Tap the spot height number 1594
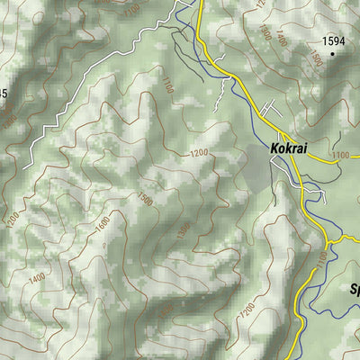(x=333, y=40)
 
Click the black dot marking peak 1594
(x=331, y=54)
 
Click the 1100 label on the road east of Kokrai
(x=339, y=156)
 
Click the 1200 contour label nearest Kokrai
(x=199, y=153)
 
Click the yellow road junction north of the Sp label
(x=329, y=241)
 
